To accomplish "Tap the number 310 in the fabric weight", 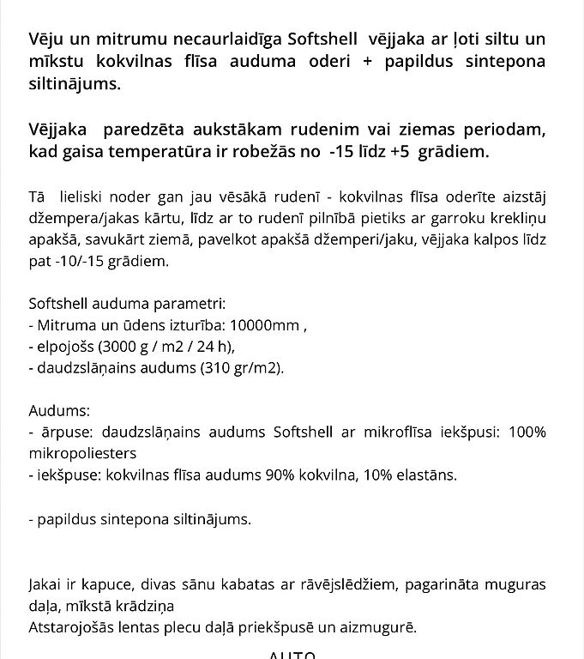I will coord(184,369).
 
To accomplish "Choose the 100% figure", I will coord(527,431).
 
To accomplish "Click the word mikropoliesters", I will coord(82,452).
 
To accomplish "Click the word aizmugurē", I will coord(382,628).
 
